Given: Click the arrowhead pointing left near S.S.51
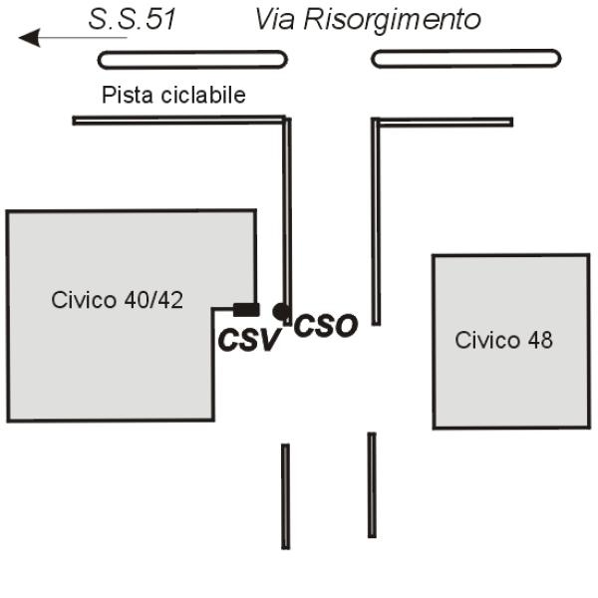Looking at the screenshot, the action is [x=30, y=38].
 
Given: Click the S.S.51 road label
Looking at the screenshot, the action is [x=132, y=19].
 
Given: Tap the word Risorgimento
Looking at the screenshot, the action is [x=392, y=20].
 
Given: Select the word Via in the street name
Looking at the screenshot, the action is [x=275, y=19].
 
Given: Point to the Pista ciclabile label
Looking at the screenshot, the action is [x=173, y=95].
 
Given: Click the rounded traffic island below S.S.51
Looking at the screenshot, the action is [x=192, y=60].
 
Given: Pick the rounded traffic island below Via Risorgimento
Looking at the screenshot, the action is [x=466, y=59].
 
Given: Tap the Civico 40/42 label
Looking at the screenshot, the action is [x=117, y=300].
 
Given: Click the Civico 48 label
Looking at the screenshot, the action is [x=503, y=340].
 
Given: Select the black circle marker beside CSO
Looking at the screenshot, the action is [x=280, y=311].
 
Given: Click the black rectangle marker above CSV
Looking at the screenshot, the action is [x=246, y=310].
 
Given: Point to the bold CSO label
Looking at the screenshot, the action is [x=326, y=326].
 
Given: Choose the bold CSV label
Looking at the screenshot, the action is [x=249, y=340].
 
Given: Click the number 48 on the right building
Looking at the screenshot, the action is [x=540, y=340].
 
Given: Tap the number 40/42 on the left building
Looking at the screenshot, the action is [x=153, y=300].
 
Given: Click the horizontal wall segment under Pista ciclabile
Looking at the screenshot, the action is [x=179, y=121].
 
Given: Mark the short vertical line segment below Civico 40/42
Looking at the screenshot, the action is [x=286, y=496].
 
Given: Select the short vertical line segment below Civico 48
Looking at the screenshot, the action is [x=372, y=484].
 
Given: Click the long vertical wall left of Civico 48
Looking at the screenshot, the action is [x=376, y=221].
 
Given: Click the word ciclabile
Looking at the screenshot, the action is [x=203, y=95].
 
